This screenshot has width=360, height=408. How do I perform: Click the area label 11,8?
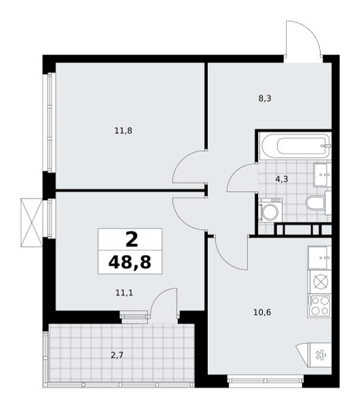coord(124,131)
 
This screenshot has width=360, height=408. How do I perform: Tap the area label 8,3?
coord(265,99)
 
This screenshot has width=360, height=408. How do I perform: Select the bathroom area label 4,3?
coord(282,179)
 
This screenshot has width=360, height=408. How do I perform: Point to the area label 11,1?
coord(124,293)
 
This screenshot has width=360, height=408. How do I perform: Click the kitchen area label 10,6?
coord(262,312)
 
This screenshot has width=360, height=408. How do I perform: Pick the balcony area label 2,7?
coord(117,355)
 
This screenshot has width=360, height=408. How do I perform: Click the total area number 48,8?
coord(130,262)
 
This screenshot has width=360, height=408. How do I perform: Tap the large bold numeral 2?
coord(132,239)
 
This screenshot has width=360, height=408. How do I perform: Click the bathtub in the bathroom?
coord(296,146)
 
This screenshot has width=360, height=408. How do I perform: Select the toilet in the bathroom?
coord(319,203)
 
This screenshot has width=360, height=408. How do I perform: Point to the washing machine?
coord(270,209)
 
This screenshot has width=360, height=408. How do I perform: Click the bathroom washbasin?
coord(323,175)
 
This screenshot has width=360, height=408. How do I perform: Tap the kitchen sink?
coord(319,258)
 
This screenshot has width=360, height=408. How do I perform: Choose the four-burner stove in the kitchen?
coord(319,306)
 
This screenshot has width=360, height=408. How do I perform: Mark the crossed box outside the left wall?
coord(31,222)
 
